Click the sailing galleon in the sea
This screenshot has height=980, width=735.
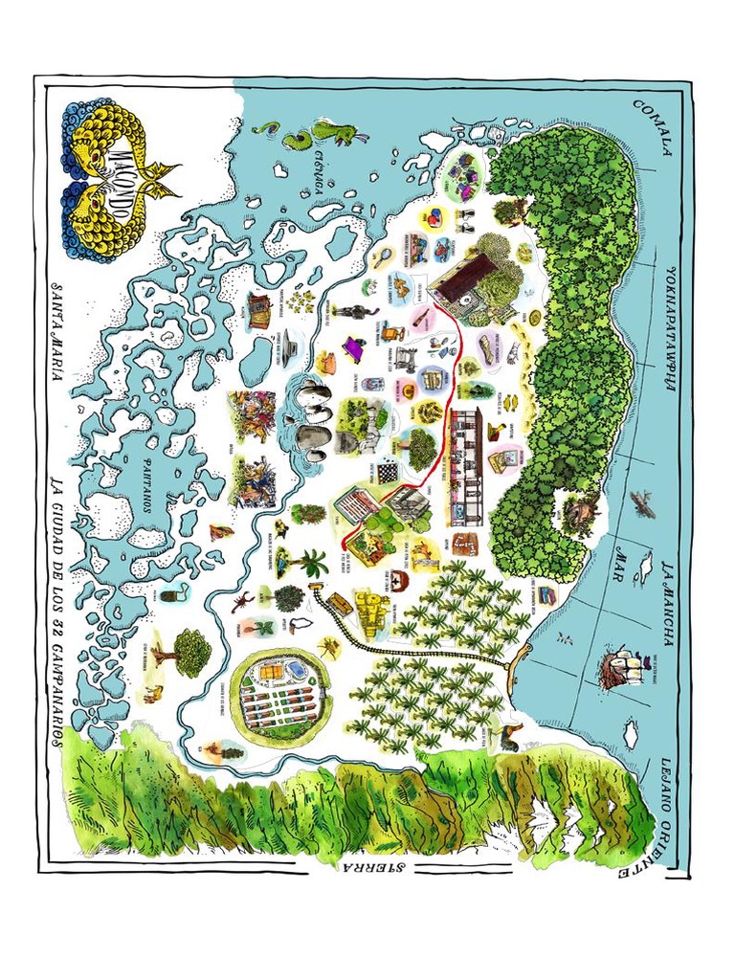point(620,666)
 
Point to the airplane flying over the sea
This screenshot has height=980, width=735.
point(642,502)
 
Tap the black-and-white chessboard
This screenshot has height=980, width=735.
point(387,472)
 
